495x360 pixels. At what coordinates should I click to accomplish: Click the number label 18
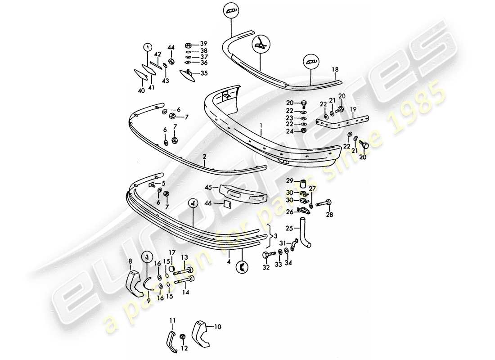(335, 69)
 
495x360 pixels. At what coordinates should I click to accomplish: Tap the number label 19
(353, 109)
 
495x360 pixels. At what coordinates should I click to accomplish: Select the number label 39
(204, 44)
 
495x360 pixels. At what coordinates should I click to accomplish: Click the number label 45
(208, 187)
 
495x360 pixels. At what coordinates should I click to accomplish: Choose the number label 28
(330, 215)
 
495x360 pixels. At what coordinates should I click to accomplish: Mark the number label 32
(266, 267)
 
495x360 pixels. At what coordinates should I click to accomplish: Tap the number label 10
(218, 327)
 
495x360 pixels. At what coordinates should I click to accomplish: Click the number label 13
(184, 257)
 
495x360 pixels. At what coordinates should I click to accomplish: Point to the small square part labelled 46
(226, 204)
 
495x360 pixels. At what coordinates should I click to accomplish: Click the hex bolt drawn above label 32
(266, 255)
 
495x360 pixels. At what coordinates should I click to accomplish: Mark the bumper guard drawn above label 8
(134, 280)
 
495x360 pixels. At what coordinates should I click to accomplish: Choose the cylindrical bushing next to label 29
(303, 183)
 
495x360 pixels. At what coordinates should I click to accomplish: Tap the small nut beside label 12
(183, 337)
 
